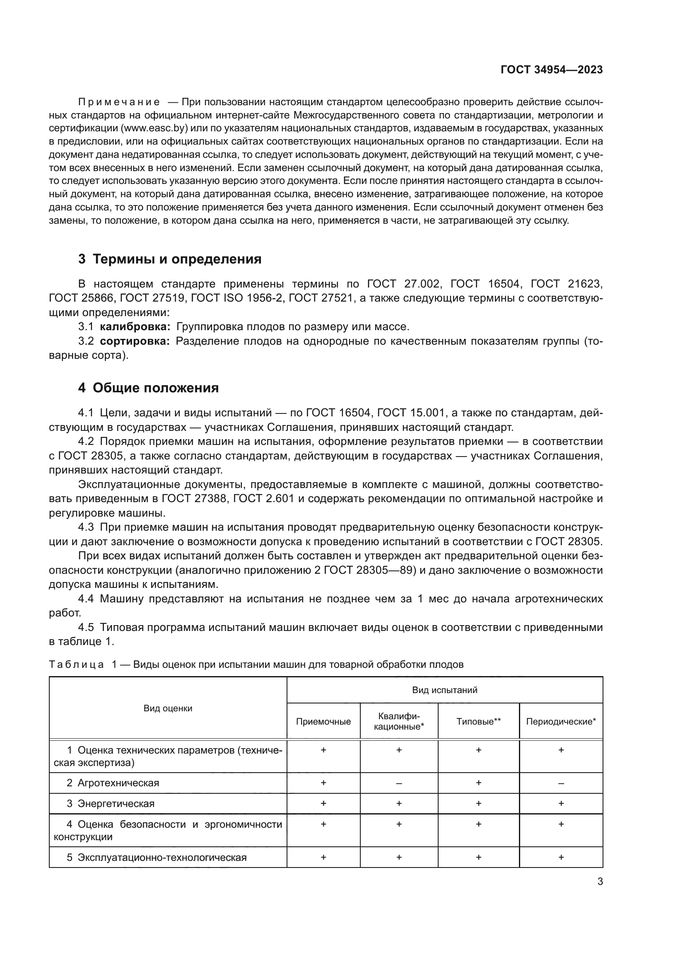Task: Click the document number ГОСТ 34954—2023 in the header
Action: point(551,70)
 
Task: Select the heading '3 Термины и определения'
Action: point(169,259)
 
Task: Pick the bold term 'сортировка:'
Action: point(135,341)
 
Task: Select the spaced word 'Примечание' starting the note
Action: point(119,102)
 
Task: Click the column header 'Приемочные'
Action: point(323,721)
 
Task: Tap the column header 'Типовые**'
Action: point(478,721)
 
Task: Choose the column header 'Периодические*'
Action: point(561,721)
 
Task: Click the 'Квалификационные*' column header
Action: point(398,721)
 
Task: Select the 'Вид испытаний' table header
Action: point(444,690)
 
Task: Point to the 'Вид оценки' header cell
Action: point(168,708)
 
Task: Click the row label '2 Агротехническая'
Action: point(113,783)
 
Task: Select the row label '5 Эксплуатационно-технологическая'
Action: point(157,857)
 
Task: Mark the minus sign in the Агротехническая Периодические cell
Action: point(561,783)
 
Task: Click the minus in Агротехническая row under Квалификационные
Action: point(398,783)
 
